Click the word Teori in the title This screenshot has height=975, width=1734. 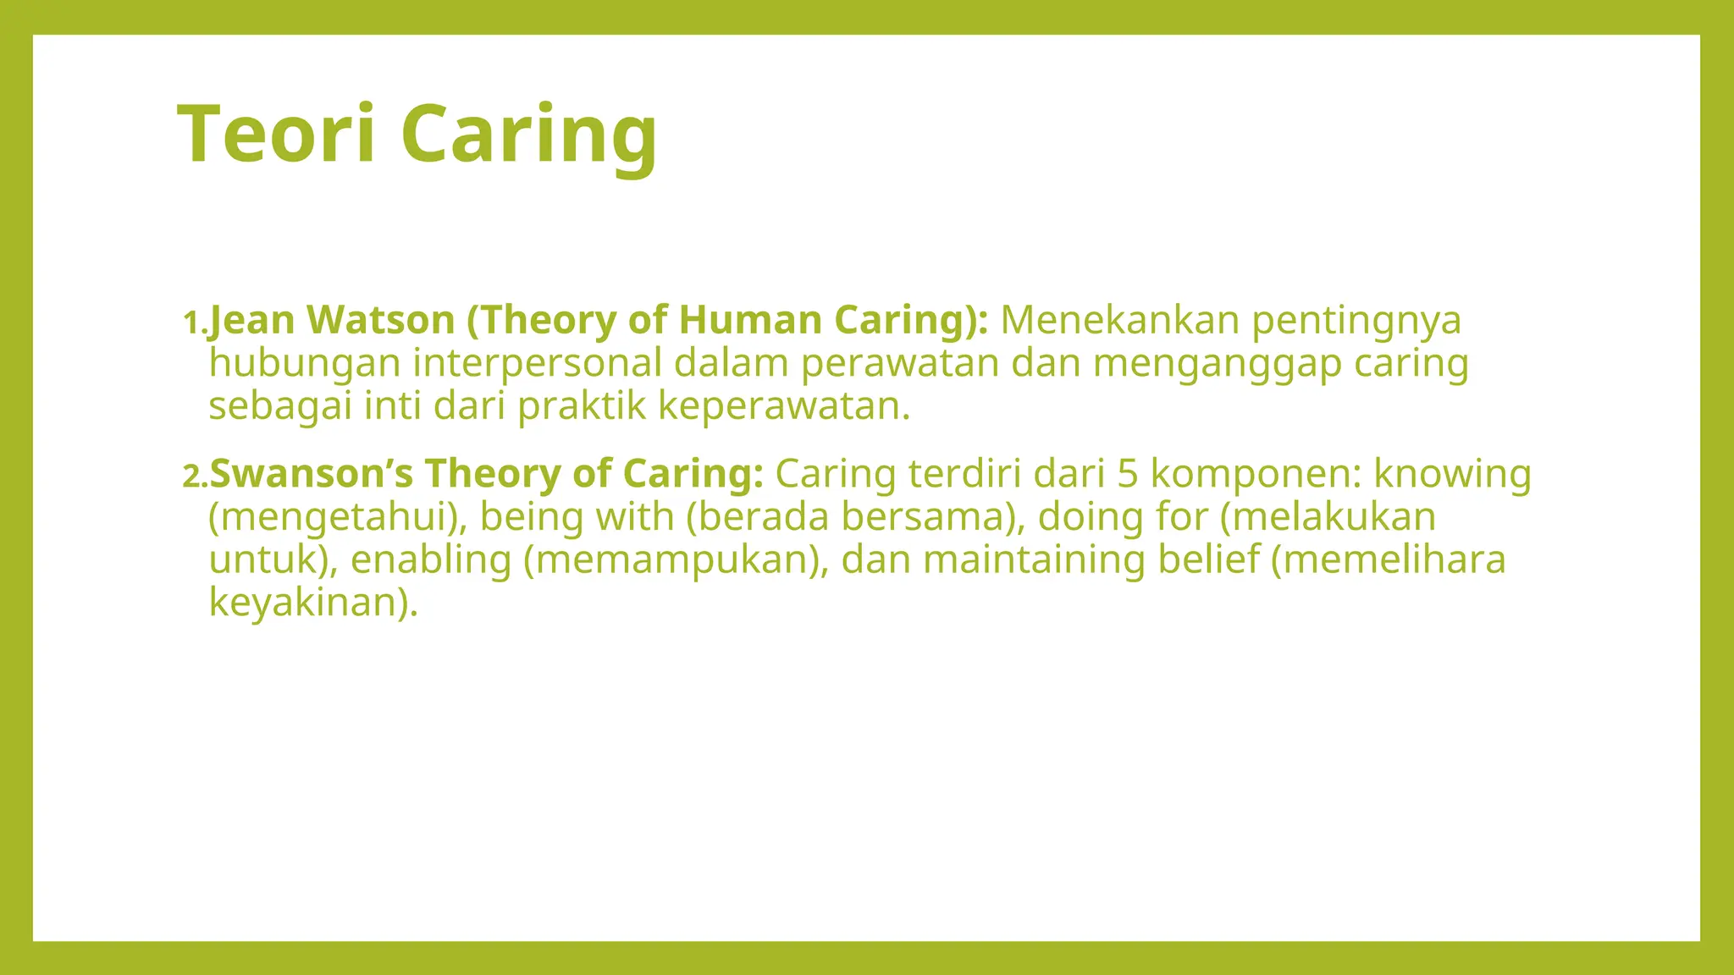point(276,134)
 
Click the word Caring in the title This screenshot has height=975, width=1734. point(528,134)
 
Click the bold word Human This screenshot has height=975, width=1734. point(750,320)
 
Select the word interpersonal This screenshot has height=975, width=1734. point(537,364)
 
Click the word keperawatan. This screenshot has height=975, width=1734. point(783,407)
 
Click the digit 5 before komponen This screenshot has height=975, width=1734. point(1127,474)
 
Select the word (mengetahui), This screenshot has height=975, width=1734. point(338,518)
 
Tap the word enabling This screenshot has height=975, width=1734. point(431,560)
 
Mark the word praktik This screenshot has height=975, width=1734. point(582,407)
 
